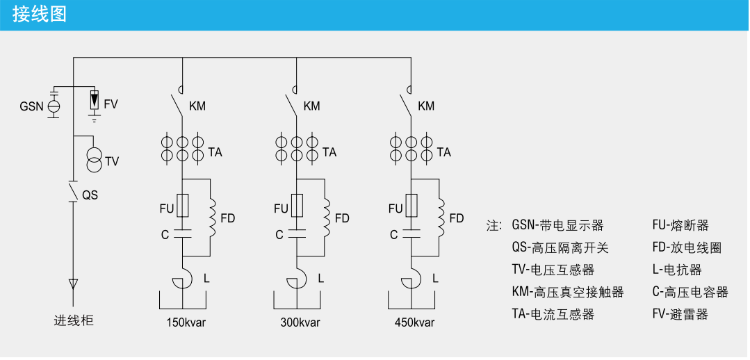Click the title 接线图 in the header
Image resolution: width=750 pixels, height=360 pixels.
tap(40, 14)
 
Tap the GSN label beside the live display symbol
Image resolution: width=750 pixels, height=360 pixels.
tap(31, 106)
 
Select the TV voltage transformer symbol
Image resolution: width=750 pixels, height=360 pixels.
tap(93, 159)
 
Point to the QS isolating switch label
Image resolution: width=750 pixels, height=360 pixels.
tap(90, 195)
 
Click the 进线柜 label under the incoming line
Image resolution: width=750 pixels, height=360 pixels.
tap(74, 321)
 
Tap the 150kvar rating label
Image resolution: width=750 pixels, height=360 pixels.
tap(186, 322)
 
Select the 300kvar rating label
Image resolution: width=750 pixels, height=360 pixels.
tap(300, 322)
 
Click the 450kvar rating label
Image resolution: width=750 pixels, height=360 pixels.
tap(414, 322)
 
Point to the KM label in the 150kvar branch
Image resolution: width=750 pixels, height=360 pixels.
tap(197, 106)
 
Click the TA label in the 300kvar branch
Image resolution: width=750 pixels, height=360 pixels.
tap(329, 152)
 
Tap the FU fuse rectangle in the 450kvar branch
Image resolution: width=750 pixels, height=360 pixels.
tap(411, 206)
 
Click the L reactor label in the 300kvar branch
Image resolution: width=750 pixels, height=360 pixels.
tap(320, 279)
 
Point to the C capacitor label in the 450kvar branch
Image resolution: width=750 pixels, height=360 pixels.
tap(393, 235)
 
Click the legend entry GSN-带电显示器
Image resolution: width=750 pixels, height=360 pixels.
tap(557, 226)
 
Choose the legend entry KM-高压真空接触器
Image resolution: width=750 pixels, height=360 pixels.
tap(567, 293)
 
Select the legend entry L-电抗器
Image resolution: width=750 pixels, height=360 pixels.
tap(676, 270)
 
